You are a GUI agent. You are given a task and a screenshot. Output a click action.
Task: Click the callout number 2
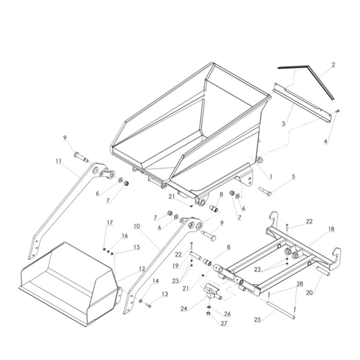pos(333,64)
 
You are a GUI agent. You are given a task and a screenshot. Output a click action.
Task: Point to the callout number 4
pos(325,142)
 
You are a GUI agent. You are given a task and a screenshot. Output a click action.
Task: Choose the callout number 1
pos(270,177)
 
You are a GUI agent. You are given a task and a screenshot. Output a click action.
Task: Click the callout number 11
pos(59,161)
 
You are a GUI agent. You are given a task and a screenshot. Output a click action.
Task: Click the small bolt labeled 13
pos(148,305)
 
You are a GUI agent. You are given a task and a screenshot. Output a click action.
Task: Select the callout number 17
pos(110,222)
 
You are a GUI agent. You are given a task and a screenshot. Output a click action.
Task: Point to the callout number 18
pos(331,229)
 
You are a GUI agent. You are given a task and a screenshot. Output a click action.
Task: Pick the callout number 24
pos(184,309)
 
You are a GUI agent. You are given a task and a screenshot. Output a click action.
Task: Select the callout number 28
pos(300,285)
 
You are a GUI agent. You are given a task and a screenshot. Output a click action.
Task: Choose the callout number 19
pos(176,265)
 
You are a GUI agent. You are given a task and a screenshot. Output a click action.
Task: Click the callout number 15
pos(137,247)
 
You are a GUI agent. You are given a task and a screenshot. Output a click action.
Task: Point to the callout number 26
pos(227,314)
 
